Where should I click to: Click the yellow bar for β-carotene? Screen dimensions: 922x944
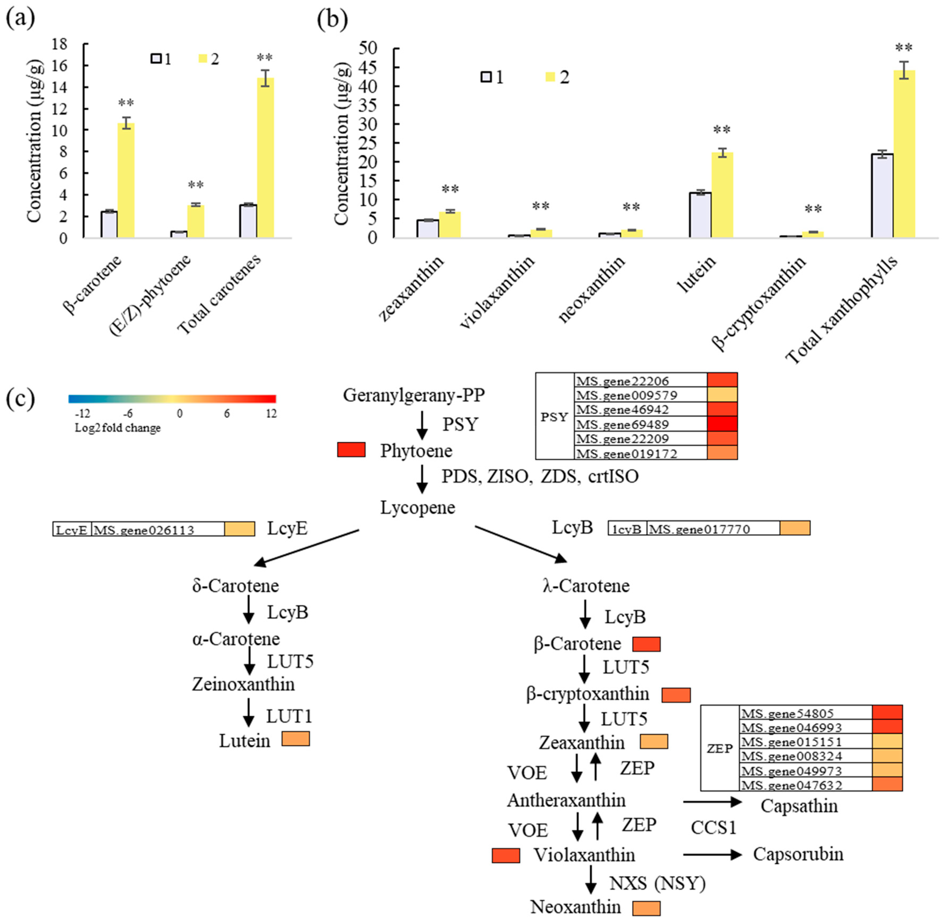coord(126,180)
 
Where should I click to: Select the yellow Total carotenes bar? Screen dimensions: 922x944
coord(265,158)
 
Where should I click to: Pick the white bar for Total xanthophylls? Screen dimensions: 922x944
coord(882,196)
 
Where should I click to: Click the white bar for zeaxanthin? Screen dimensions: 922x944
coord(428,229)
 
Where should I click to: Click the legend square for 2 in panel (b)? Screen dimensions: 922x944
coord(550,77)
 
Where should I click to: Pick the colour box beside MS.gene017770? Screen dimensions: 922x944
coord(795,528)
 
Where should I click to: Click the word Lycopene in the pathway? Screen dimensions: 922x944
coord(417,508)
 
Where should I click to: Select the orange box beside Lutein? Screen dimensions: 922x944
coord(296,739)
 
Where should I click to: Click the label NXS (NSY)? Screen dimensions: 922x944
coord(657,883)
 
